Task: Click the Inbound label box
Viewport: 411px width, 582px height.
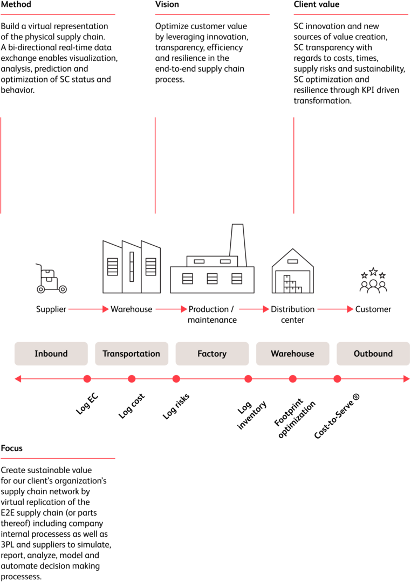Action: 51,354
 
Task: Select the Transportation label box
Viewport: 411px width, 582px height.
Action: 132,354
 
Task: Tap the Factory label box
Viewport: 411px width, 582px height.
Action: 212,354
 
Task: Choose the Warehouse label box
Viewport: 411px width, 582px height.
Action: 292,354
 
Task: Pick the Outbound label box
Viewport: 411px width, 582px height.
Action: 373,354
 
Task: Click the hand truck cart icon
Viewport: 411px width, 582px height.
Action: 51,279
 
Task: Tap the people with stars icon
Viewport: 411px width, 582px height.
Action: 373,281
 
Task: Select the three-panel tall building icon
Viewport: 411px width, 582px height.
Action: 132,267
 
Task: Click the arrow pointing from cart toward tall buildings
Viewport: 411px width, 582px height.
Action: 88,309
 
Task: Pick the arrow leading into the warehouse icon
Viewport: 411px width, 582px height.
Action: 254,309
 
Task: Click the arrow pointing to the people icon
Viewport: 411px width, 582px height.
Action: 335,309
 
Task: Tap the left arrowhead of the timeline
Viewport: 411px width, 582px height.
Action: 17,379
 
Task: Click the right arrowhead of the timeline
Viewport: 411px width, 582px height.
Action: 407,379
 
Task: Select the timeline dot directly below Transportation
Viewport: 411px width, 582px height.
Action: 132,379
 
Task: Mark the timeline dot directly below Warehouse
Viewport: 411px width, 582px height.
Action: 293,379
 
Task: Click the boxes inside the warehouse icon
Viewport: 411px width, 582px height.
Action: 292,285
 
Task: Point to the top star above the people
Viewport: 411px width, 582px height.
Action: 373,271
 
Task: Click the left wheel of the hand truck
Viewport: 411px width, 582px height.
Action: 41,289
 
